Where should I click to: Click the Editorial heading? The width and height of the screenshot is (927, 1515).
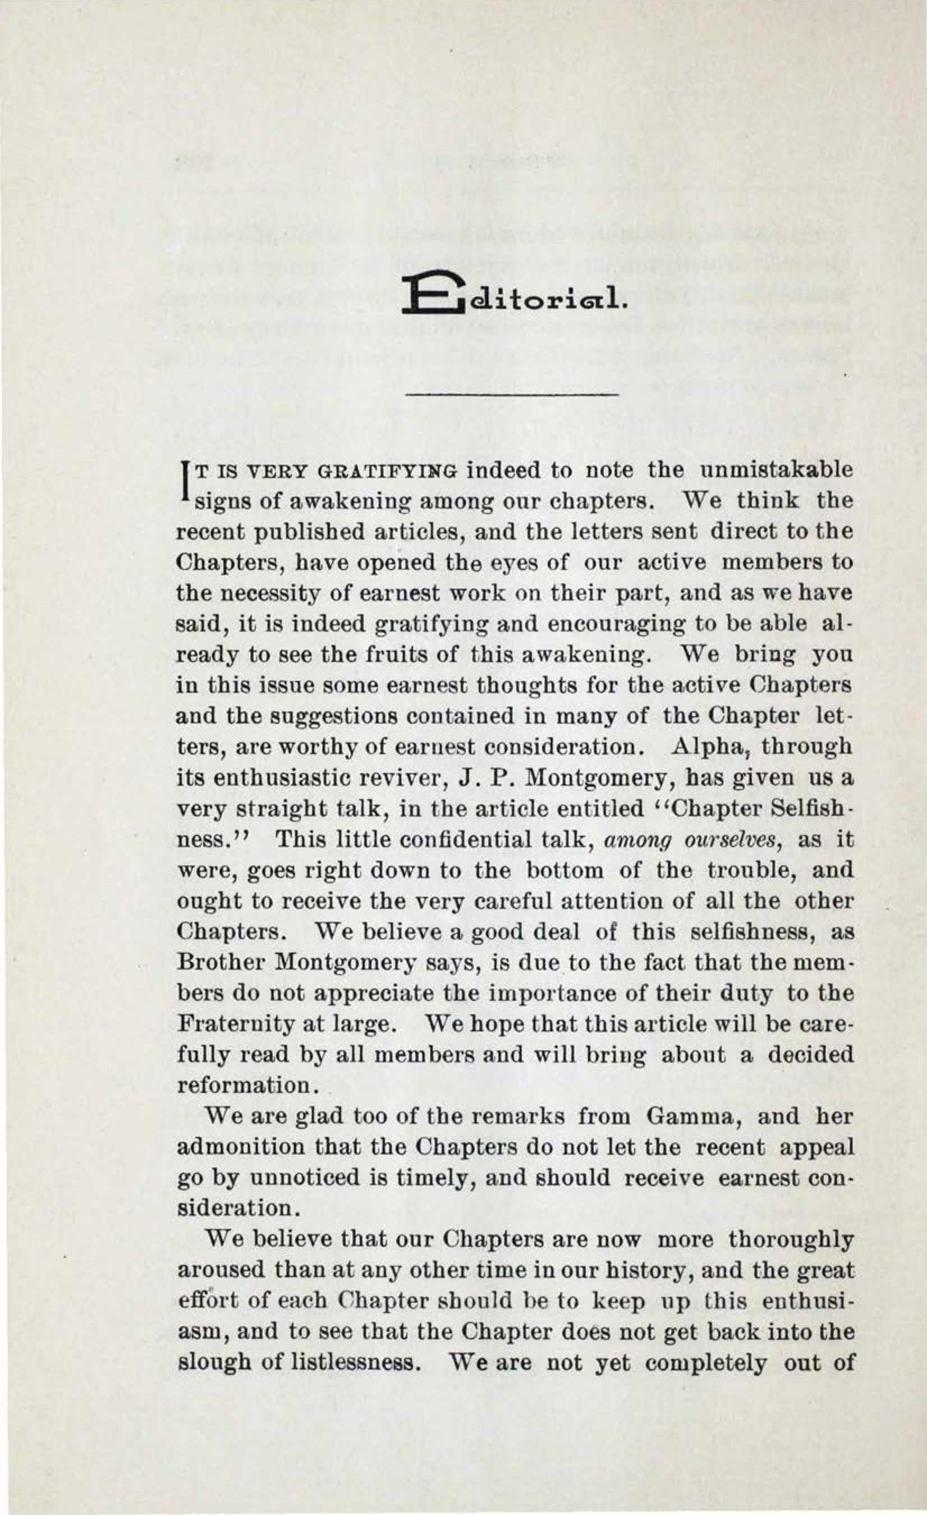513,297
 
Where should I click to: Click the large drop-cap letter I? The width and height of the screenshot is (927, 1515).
183,482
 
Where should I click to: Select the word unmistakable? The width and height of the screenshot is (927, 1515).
777,470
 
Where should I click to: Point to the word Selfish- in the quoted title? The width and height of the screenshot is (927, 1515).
810,808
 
